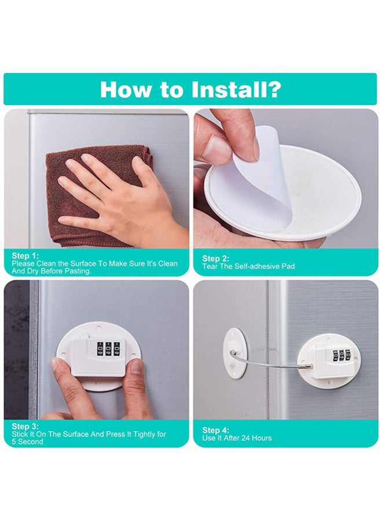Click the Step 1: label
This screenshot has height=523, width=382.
coord(24,255)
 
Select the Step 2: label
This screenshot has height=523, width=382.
coord(215,259)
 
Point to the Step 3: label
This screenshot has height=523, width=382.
coord(24,427)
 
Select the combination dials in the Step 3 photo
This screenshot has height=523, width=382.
coord(109,349)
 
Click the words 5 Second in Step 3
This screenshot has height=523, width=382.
coord(28,442)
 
